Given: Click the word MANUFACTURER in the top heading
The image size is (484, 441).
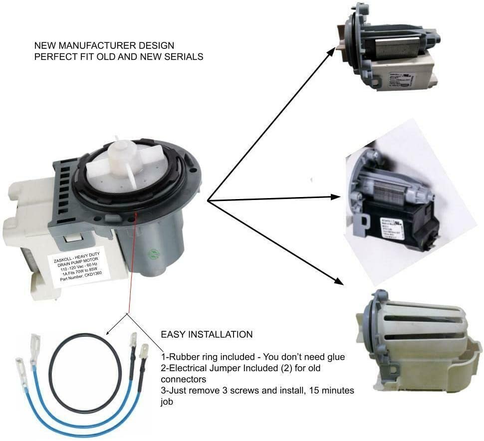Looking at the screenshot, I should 92,45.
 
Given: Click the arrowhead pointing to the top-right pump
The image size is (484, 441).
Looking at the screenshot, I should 333,49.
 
